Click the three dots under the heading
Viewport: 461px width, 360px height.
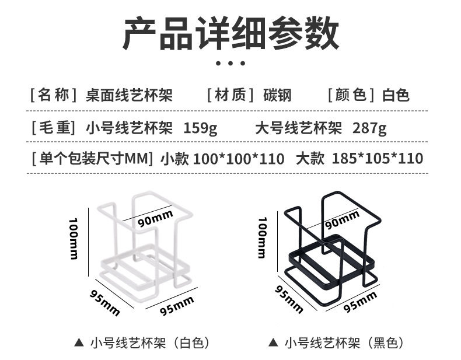230,63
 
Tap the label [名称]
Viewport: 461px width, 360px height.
53,95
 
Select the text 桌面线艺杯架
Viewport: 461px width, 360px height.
130,95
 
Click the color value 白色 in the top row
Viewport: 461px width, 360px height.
396,95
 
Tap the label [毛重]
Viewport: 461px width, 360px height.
53,127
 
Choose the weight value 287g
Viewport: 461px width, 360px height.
369,127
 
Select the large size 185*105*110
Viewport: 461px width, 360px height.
377,158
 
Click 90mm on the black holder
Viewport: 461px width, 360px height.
342,221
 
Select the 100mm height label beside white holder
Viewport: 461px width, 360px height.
74,239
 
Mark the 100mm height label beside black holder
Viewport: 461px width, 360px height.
263,236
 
